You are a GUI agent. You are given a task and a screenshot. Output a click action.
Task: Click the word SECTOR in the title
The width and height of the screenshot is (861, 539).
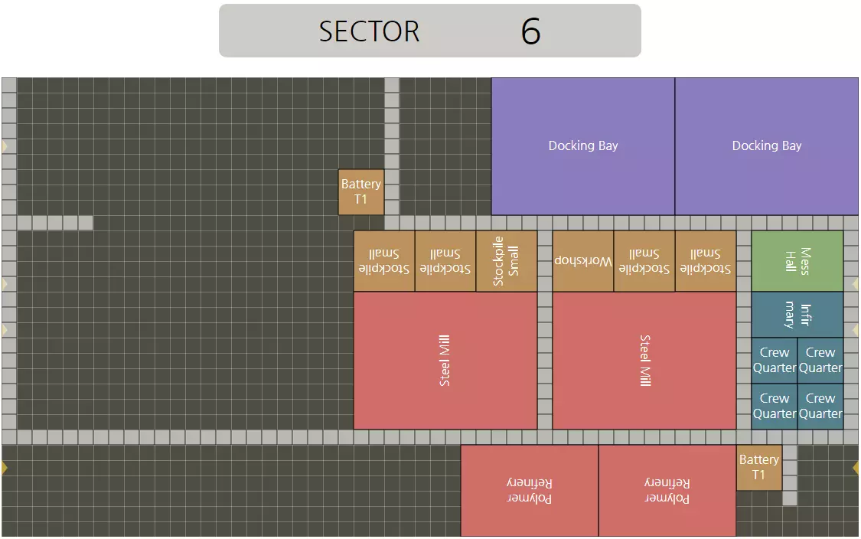(369, 31)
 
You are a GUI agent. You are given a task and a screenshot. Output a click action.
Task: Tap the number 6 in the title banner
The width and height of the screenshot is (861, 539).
(530, 31)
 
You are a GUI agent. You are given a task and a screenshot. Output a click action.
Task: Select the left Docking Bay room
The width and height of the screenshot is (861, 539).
(582, 145)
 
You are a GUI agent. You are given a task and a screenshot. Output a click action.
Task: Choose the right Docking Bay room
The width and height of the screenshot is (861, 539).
(766, 145)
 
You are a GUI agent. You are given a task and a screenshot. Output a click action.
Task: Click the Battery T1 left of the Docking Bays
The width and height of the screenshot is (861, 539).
(360, 192)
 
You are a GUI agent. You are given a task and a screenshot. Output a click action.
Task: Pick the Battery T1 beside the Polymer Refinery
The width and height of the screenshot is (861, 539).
(758, 467)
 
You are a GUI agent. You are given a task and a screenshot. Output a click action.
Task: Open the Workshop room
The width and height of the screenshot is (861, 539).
(582, 261)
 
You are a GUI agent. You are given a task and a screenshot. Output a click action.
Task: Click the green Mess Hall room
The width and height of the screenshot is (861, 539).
(797, 261)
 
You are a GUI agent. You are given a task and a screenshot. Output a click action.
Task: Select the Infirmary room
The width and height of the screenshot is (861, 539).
(797, 315)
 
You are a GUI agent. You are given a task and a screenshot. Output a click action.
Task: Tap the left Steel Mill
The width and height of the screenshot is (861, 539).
(445, 361)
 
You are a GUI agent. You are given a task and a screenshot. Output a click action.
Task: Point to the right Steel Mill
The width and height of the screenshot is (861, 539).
(644, 361)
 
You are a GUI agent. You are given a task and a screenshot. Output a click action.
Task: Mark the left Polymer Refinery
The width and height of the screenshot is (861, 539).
(529, 491)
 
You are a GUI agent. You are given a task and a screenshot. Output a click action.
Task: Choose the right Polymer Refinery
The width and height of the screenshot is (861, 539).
(667, 491)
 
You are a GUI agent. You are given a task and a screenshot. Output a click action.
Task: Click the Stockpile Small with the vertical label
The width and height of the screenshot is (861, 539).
(506, 261)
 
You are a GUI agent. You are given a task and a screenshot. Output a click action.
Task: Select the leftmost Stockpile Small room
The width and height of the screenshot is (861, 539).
(383, 261)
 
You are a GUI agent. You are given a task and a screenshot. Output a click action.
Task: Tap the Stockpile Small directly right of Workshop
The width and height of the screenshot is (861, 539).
(644, 261)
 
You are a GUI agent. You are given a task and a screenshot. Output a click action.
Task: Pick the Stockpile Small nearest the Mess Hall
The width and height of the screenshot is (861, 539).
(705, 261)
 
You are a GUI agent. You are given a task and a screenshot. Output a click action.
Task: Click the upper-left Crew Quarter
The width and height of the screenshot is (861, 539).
(774, 361)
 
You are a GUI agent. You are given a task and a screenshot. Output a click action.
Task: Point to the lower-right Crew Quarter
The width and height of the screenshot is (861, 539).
(820, 407)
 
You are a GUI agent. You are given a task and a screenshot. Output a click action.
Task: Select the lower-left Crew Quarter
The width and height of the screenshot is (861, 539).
(774, 407)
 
